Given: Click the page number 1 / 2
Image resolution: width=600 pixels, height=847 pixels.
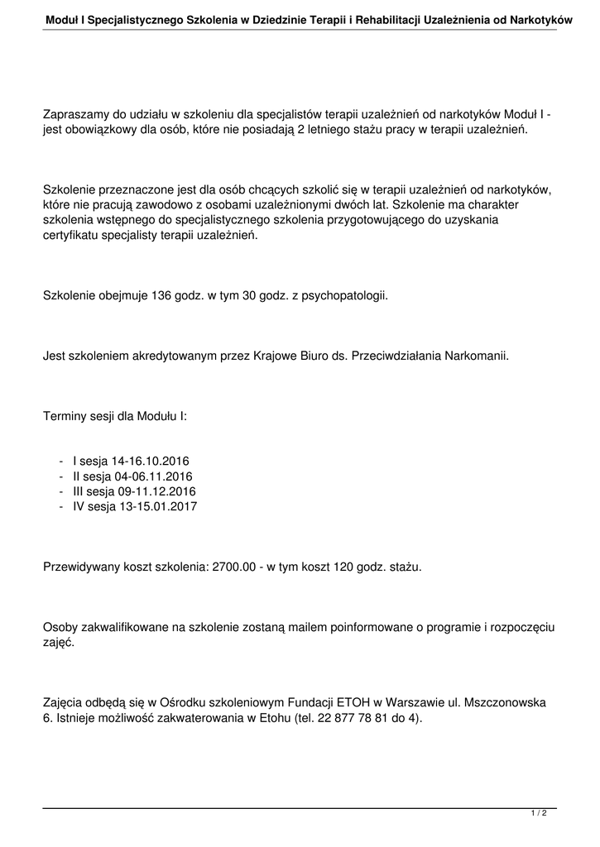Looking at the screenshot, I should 539,814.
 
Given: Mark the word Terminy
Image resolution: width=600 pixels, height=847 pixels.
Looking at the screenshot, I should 65,418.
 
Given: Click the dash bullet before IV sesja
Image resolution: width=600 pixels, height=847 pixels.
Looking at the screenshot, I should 62,506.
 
